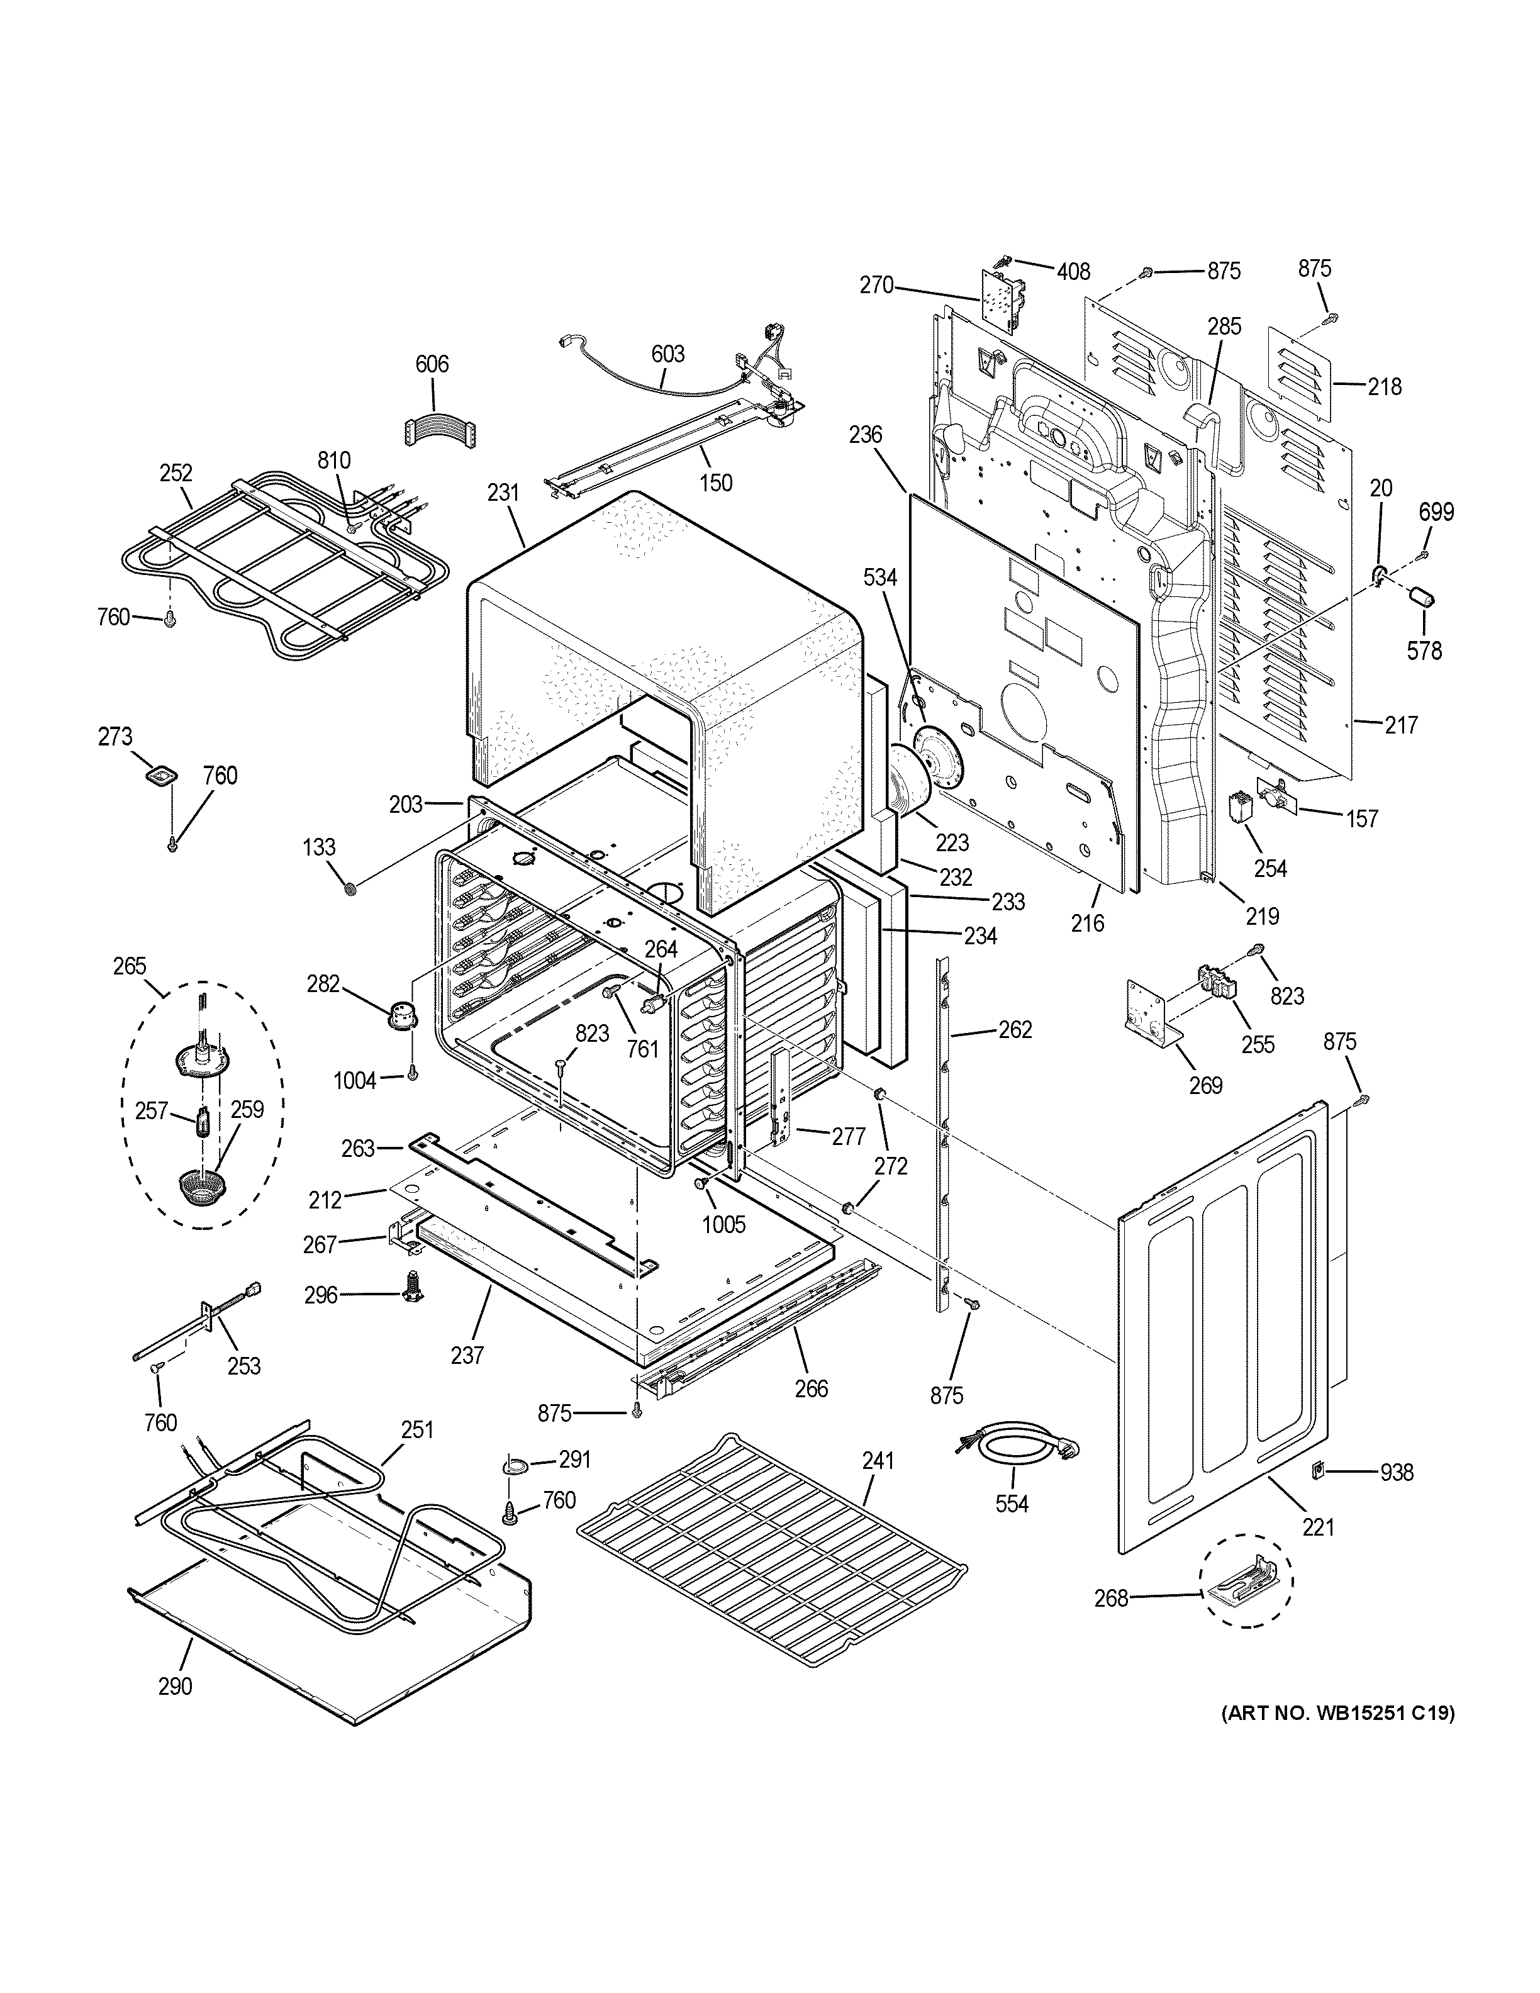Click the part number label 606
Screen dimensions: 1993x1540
[x=432, y=364]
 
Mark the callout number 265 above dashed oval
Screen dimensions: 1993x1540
[x=130, y=966]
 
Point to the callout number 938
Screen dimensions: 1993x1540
[x=1396, y=1472]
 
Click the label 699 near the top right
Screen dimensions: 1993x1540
[x=1436, y=512]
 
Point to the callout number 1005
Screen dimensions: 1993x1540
[x=723, y=1225]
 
